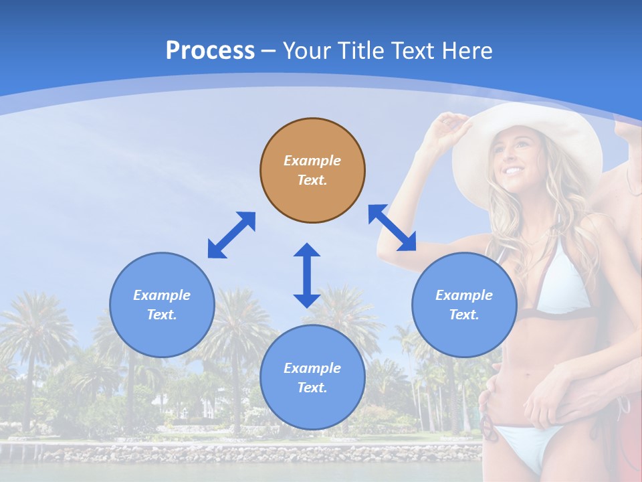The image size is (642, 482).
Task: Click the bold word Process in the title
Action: pos(210,51)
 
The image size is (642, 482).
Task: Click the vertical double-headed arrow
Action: pos(307,275)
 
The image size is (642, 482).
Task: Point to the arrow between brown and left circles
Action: pos(231,235)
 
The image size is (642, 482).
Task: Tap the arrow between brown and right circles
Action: pos(392,228)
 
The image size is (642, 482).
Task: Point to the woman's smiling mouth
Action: pos(514,170)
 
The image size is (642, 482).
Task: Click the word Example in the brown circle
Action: pos(312,161)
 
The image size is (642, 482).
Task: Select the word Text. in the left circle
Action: pos(162,315)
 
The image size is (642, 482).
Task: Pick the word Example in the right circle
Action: pos(464,295)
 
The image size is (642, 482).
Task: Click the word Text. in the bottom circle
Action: pos(312,388)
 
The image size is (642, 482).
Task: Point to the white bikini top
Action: pos(562,281)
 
